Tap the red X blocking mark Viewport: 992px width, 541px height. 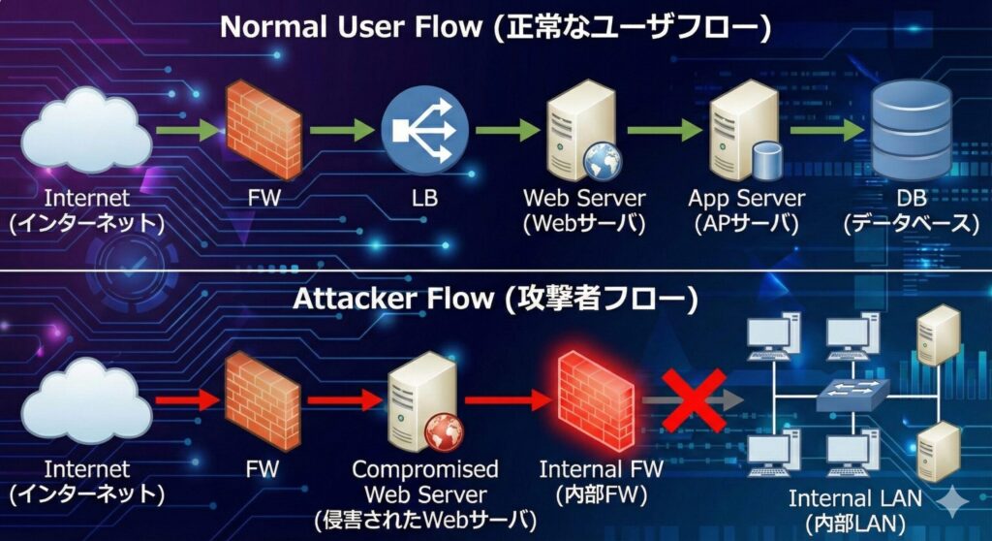click(x=694, y=399)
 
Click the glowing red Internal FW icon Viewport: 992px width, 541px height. click(x=595, y=398)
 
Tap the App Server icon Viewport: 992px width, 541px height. click(x=747, y=131)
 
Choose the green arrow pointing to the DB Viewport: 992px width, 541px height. click(x=823, y=130)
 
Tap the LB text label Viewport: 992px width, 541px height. click(x=424, y=199)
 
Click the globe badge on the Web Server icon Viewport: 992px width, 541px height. click(x=602, y=159)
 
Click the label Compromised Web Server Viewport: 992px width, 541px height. click(x=424, y=482)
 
